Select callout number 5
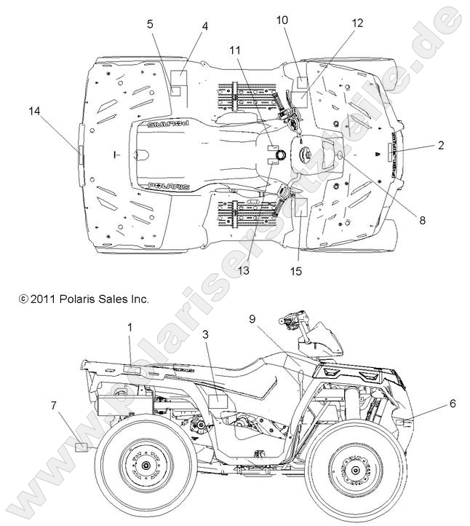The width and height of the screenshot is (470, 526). [150, 23]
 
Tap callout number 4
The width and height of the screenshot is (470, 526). [205, 27]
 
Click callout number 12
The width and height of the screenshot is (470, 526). [357, 23]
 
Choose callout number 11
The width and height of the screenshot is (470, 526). [234, 50]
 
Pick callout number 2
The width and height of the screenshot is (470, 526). [441, 145]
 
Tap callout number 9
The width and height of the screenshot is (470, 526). [253, 318]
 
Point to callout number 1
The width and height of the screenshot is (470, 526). [130, 327]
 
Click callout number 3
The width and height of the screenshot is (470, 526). [206, 334]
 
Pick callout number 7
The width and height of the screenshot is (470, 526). [55, 404]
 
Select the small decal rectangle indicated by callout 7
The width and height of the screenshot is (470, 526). [81, 446]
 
